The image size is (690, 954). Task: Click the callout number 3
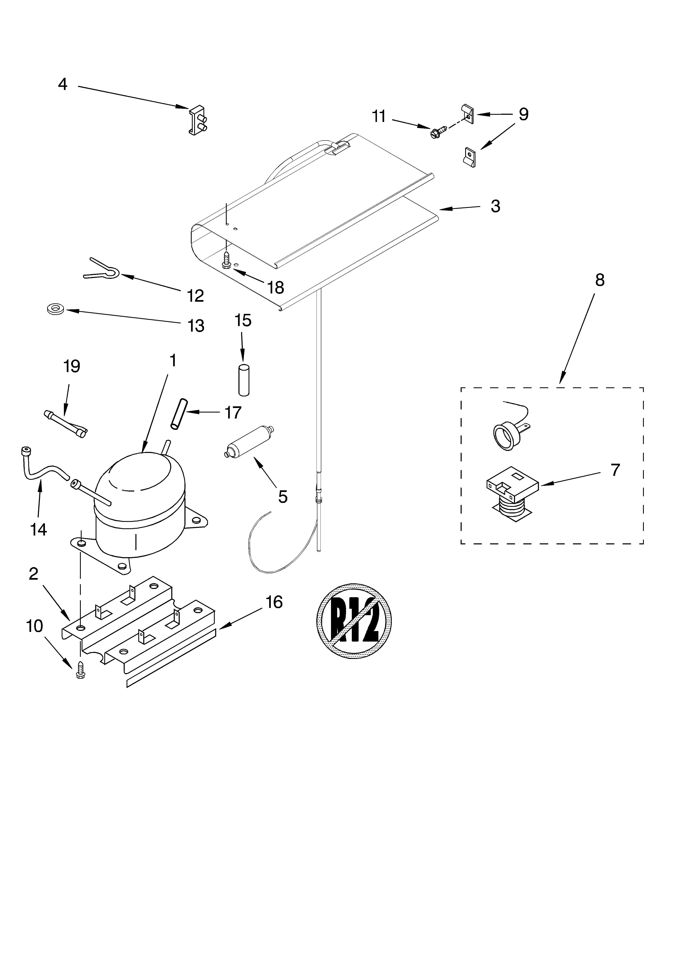[x=495, y=206]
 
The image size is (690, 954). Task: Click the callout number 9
[x=523, y=114]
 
